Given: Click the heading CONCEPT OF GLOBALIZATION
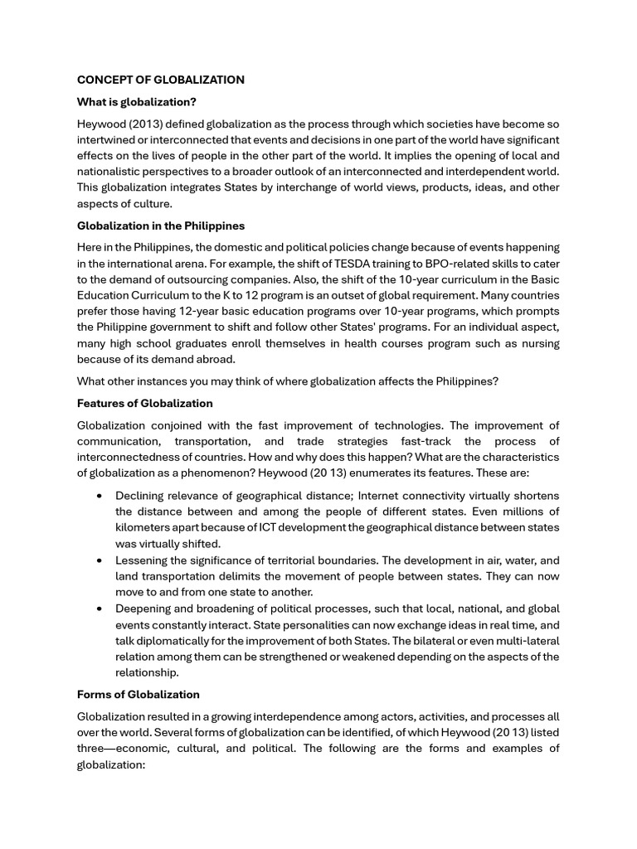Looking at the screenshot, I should point(160,80).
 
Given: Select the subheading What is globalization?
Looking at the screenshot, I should point(136,102).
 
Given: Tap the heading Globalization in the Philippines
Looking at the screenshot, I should point(160,226).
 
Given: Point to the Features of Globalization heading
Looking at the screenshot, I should point(144,403).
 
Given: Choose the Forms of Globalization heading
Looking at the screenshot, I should point(138,694).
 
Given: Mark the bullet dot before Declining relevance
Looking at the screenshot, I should point(100,496).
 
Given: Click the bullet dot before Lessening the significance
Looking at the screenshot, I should point(100,560).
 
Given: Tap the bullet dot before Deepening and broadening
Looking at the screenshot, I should point(100,609).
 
